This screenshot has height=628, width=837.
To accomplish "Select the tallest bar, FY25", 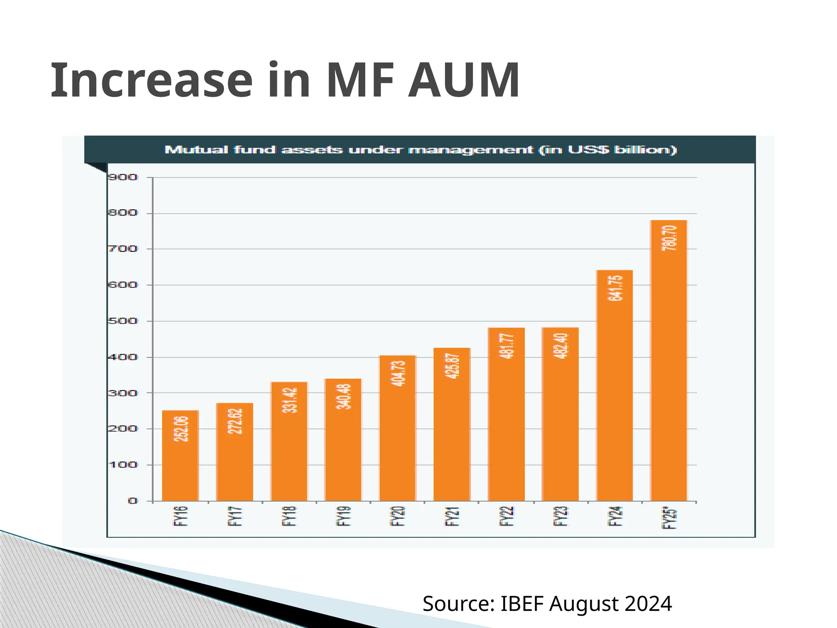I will [x=669, y=368].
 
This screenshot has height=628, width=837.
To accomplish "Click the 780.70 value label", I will [x=669, y=238].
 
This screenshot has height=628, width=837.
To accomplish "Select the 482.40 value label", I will [x=560, y=346].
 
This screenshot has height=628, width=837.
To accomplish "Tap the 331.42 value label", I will [x=289, y=400].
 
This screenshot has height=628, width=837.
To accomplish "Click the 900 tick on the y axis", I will [x=123, y=177].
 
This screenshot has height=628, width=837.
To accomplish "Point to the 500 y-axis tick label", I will [x=123, y=321].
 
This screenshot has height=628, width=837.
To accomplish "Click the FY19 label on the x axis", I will [x=343, y=516].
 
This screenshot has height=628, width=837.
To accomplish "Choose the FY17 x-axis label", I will [x=235, y=516].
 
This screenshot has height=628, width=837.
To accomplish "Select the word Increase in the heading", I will [x=152, y=80].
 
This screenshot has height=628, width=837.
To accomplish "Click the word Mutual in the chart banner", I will [x=196, y=150].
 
